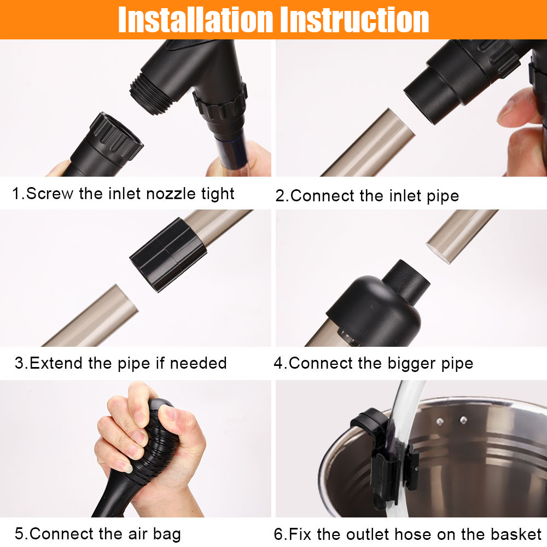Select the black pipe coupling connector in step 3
pos(166,254)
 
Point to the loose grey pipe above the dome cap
pos(459,232)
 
